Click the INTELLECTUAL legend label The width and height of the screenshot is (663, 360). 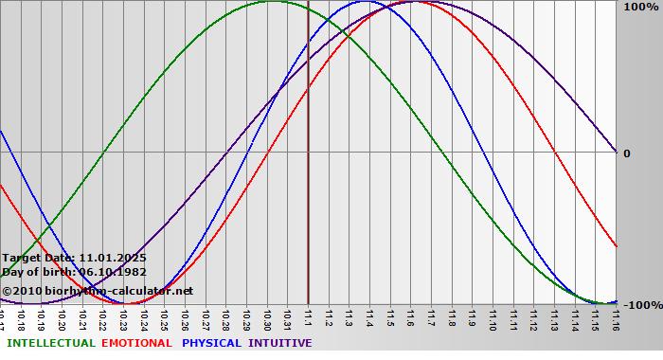click(x=51, y=343)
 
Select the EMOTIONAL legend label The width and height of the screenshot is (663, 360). click(x=136, y=343)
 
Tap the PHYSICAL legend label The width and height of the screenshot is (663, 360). click(x=212, y=343)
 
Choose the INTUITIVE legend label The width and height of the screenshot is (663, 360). click(x=280, y=343)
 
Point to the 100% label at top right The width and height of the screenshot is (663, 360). click(x=640, y=8)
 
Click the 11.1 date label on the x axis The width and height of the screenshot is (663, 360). click(x=309, y=316)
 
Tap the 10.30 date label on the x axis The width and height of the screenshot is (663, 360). click(x=268, y=316)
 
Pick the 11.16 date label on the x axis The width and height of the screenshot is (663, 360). click(x=616, y=316)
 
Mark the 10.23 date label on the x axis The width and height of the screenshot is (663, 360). click(x=124, y=316)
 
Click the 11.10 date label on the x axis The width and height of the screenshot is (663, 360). click(x=493, y=316)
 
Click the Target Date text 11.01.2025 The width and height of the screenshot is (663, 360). click(x=114, y=257)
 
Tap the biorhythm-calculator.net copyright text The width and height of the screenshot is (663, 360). click(x=104, y=290)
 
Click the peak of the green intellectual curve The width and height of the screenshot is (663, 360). click(x=272, y=2)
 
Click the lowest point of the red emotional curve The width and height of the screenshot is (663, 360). click(x=131, y=303)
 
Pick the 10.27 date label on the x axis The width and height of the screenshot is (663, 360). click(x=206, y=316)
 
